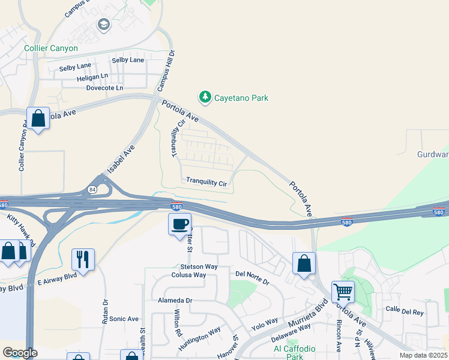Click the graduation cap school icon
[x=103, y=25]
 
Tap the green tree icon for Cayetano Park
[x=205, y=97]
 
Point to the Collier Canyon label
[x=51, y=48]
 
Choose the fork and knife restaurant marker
[x=83, y=260]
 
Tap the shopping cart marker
[x=343, y=292]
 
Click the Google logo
[x=19, y=353]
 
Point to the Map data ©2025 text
[x=423, y=355]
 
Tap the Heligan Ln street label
[x=92, y=77]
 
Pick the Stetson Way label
[x=199, y=266]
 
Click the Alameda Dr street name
[x=175, y=300]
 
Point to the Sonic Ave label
[x=124, y=319]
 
